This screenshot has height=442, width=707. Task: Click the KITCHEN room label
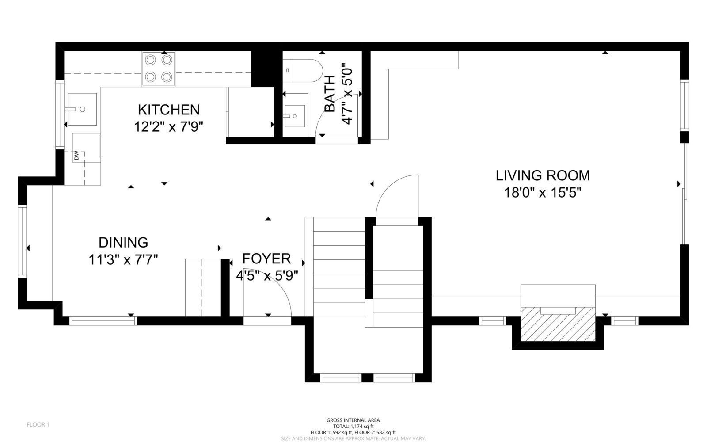pyautogui.click(x=169, y=110)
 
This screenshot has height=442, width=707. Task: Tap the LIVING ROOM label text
pyautogui.click(x=543, y=175)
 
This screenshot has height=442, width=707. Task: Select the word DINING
pyautogui.click(x=123, y=243)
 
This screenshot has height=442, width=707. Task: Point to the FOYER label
pyautogui.click(x=266, y=259)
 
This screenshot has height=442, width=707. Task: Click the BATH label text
pyautogui.click(x=330, y=94)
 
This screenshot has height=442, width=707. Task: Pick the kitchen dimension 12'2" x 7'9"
pyautogui.click(x=168, y=127)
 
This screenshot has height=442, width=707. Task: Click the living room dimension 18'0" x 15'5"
pyautogui.click(x=543, y=192)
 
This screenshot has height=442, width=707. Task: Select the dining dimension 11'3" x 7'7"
pyautogui.click(x=123, y=260)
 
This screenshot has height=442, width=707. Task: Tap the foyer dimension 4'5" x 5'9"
pyautogui.click(x=267, y=276)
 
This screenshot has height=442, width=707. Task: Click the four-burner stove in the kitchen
pyautogui.click(x=159, y=69)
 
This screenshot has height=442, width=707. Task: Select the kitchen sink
pyautogui.click(x=82, y=109)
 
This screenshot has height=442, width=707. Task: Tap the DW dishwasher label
pyautogui.click(x=76, y=156)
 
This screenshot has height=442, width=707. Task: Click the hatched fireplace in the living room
pyautogui.click(x=558, y=324)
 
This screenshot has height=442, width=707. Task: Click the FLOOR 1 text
pyautogui.click(x=38, y=425)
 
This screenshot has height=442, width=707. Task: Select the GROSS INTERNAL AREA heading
pyautogui.click(x=353, y=420)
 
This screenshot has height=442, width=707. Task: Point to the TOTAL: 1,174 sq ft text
pyautogui.click(x=353, y=426)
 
